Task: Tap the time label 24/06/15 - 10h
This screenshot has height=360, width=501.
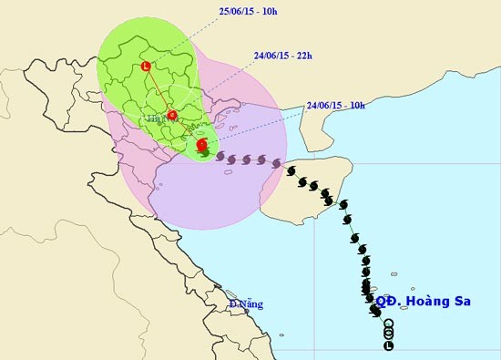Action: point(335,105)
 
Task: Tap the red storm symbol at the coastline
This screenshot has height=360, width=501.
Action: point(201,144)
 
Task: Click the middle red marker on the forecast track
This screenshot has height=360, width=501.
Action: point(172,115)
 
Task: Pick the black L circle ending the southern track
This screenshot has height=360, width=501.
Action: point(389,346)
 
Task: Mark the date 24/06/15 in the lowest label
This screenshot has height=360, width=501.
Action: point(325,105)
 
